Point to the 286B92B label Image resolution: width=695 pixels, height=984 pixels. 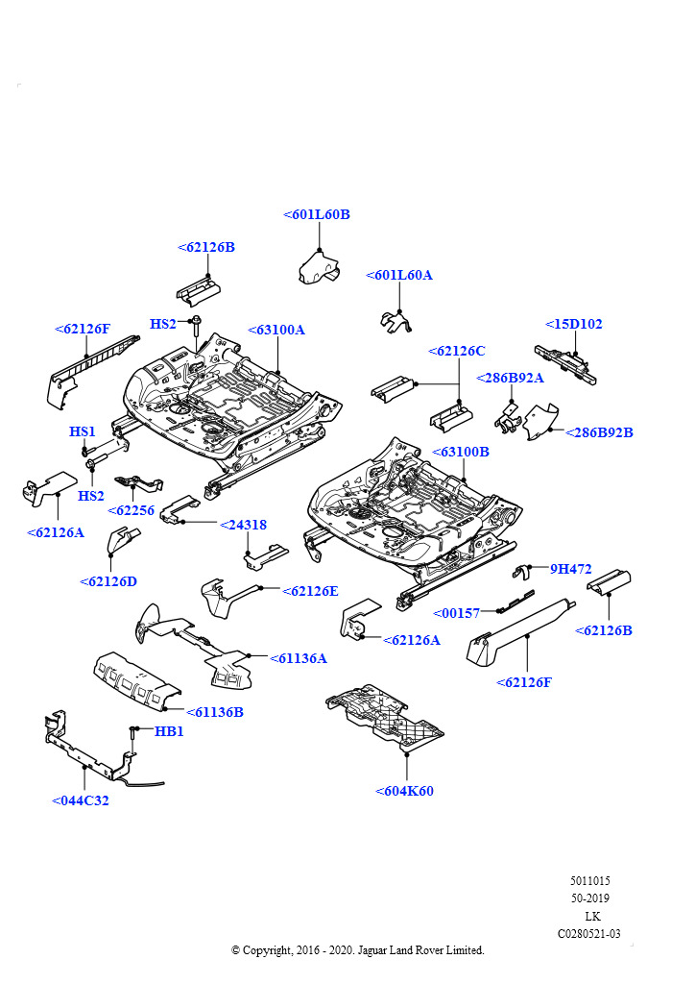point(600,432)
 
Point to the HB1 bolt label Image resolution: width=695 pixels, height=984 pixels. point(169,731)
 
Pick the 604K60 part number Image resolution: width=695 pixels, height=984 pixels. point(405,791)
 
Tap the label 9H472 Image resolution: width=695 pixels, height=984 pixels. point(570,569)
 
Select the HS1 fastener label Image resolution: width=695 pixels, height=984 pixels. point(83,432)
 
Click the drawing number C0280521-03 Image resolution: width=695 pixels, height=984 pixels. point(589,933)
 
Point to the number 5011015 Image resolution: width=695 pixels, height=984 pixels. point(589,881)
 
